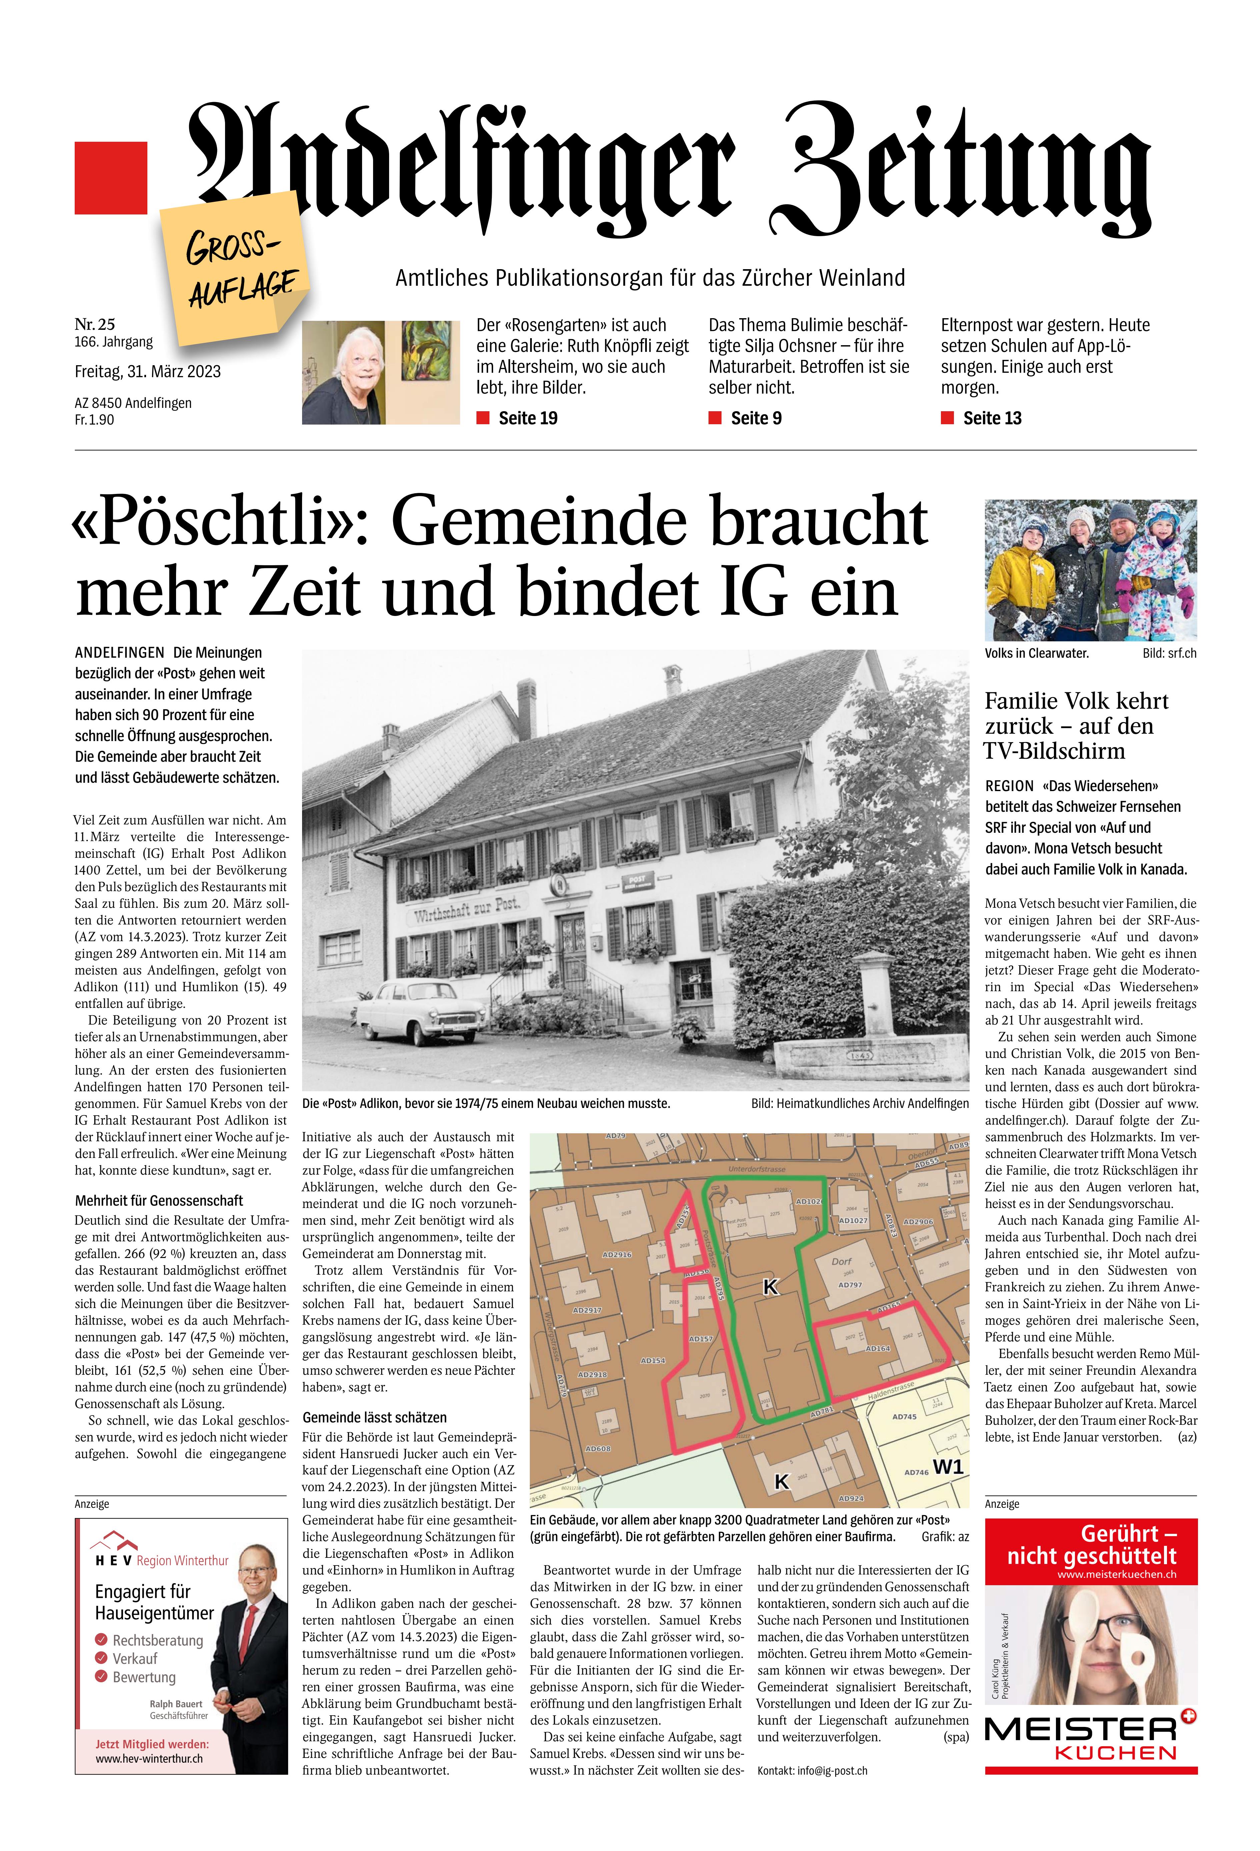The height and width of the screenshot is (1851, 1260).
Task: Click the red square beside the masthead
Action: [111, 178]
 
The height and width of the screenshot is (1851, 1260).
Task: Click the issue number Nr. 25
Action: [95, 324]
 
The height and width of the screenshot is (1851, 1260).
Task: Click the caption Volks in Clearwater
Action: [1036, 653]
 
